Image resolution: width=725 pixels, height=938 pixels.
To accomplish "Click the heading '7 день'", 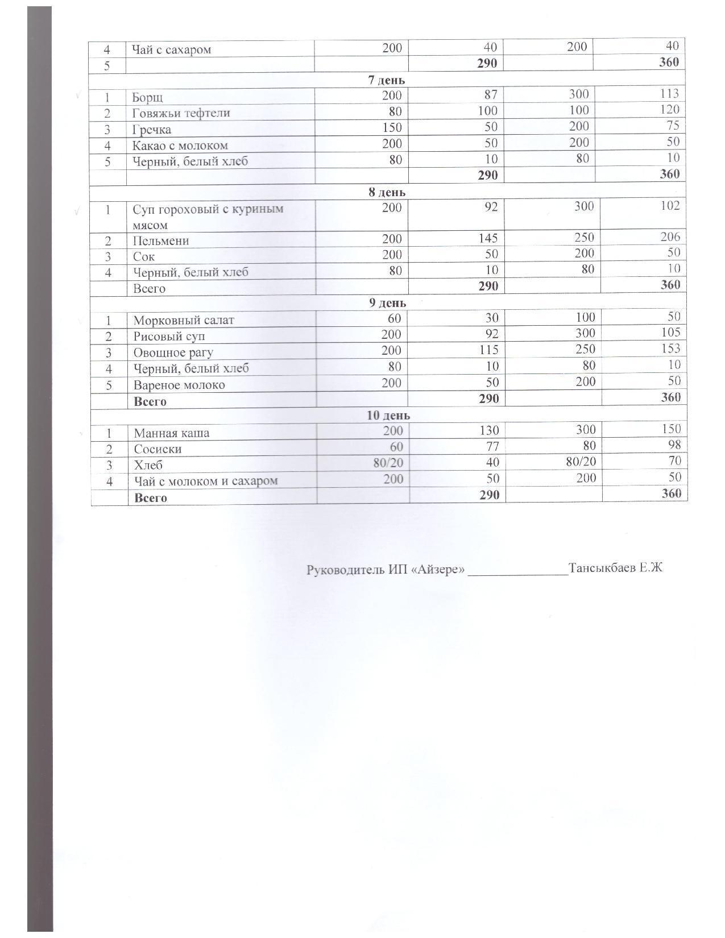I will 386,80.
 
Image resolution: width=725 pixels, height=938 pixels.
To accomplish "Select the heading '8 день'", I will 387,192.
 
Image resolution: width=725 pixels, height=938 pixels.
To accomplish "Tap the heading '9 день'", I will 387,303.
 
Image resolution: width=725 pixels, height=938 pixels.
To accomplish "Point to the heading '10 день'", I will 388,416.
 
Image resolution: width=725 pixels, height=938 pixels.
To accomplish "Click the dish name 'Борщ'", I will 148,97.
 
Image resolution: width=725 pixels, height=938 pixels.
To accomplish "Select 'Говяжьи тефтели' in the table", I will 181,113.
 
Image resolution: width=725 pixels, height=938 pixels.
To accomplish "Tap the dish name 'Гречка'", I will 152,130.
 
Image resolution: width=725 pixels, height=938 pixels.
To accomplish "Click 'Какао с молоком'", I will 180,146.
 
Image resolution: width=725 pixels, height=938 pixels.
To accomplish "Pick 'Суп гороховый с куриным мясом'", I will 208,217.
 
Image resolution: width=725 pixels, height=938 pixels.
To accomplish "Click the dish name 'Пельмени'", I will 161,241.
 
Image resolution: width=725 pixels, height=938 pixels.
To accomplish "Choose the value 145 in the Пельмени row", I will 487,239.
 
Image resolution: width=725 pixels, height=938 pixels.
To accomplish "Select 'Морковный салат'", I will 183,320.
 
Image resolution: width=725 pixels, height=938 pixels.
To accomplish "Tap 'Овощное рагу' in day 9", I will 173,352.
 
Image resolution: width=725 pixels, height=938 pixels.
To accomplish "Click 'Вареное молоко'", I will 179,385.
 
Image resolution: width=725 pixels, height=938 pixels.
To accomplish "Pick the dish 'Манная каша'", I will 171,433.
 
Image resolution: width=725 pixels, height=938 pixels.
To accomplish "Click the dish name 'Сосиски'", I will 158,449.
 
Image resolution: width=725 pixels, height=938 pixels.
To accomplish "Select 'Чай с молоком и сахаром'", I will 206,481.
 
